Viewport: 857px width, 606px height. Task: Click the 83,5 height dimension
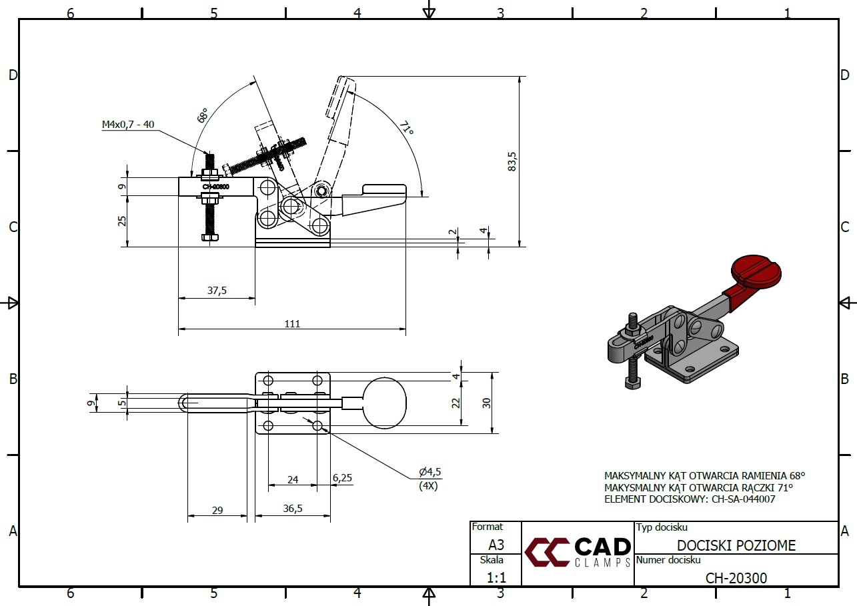[512, 161]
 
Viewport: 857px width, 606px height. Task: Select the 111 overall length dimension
[292, 323]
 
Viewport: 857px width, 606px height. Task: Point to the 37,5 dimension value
[217, 291]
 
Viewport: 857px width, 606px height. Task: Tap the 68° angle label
[203, 115]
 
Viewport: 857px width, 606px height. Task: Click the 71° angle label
[406, 128]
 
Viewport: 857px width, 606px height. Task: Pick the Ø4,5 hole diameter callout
[430, 472]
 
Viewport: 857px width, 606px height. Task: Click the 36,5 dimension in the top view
[293, 508]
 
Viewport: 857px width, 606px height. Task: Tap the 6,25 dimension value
[341, 477]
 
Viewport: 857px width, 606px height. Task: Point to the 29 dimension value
[217, 510]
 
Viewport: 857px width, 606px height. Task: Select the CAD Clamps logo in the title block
[578, 552]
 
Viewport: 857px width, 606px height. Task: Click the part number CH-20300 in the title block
[736, 578]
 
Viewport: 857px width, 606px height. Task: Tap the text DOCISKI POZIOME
[736, 546]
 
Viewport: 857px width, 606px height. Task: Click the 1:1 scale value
[495, 577]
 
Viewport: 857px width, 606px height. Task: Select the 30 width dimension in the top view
[487, 403]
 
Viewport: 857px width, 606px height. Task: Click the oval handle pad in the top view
[383, 403]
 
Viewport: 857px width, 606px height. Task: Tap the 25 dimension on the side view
[123, 221]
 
